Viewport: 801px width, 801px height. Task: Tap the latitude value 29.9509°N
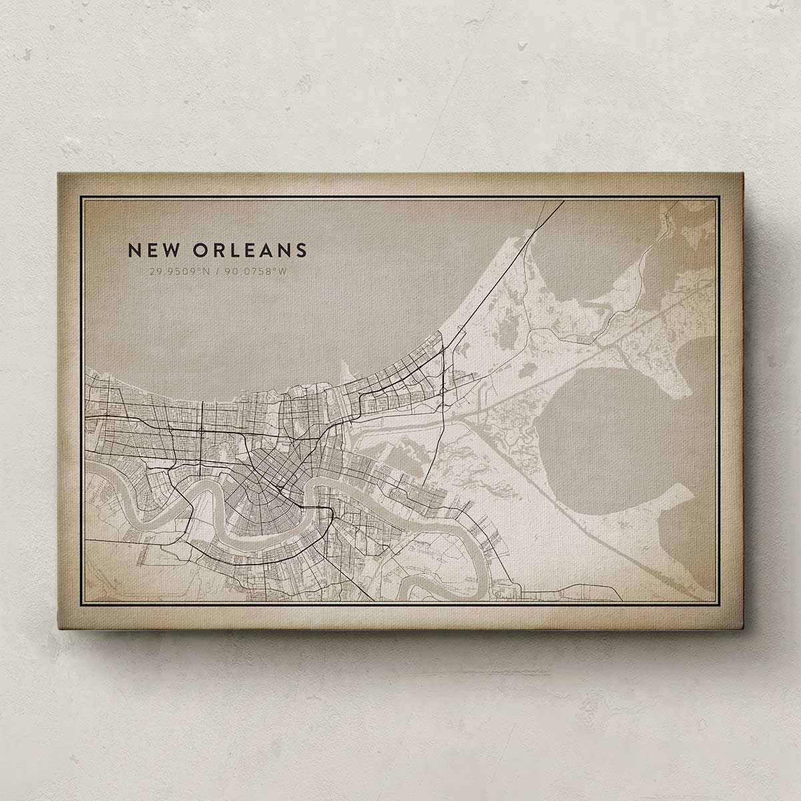click(180, 272)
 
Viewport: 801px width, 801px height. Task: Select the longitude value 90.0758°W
click(257, 272)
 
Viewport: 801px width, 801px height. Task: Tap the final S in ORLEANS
click(302, 250)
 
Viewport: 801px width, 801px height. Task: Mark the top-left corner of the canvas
click(57, 173)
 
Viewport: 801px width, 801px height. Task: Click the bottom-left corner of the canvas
click(57, 629)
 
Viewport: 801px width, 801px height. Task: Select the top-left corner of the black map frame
click(81, 198)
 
